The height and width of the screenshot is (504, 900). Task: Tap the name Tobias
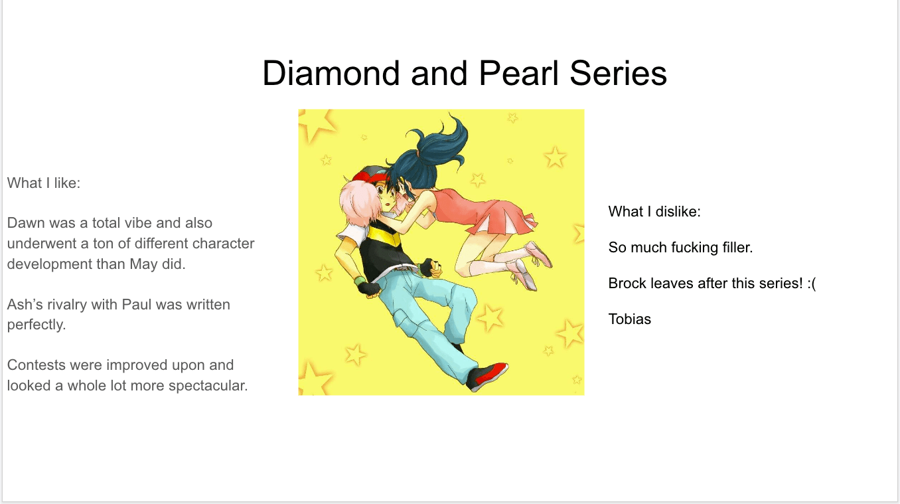pyautogui.click(x=629, y=319)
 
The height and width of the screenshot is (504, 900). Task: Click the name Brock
pyautogui.click(x=627, y=284)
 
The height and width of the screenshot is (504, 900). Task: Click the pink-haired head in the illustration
pyautogui.click(x=358, y=206)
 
